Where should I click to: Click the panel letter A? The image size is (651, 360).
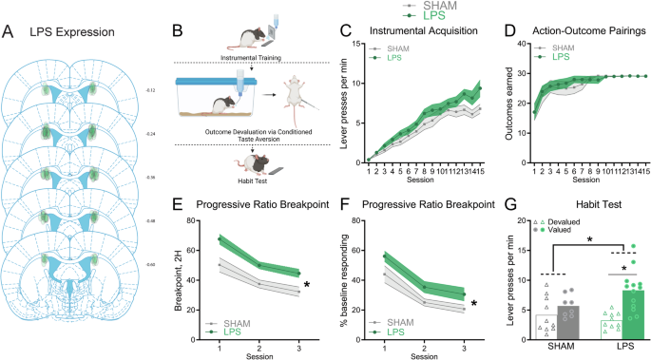[9, 32]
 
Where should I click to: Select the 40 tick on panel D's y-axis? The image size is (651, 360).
[514, 44]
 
